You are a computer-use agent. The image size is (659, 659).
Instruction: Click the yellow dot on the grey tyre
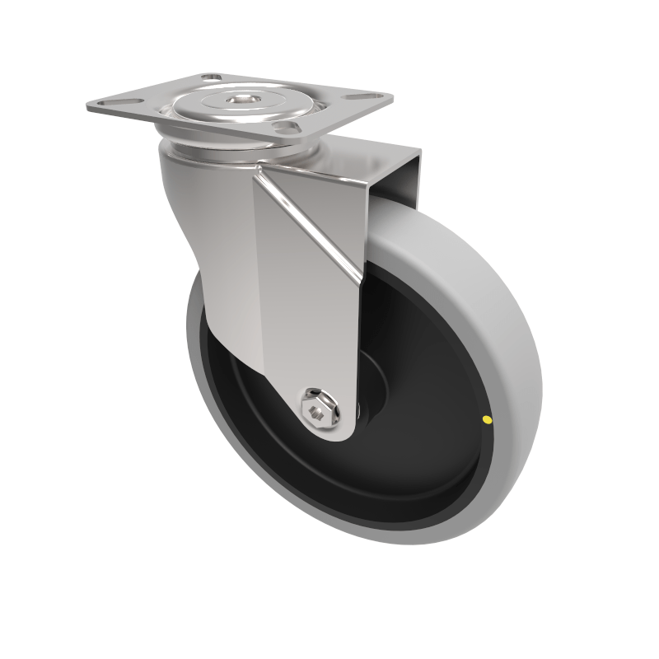[x=487, y=420]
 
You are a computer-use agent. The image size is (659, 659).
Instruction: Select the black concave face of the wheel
[x=395, y=461]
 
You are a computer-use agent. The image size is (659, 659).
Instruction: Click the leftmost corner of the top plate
[x=87, y=106]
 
